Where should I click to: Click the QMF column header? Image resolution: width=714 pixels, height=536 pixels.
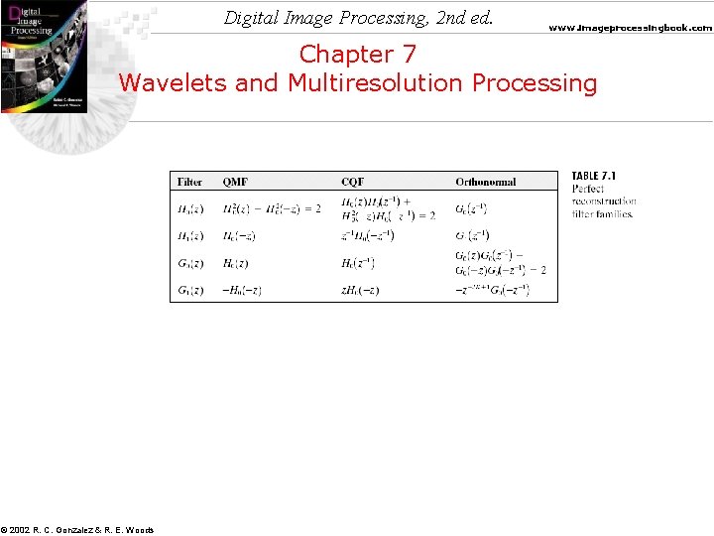point(235,182)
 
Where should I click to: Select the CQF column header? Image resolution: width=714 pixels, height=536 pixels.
point(352,182)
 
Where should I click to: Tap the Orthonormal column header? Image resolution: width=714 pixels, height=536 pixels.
point(486,182)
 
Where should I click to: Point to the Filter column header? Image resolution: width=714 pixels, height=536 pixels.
point(189,182)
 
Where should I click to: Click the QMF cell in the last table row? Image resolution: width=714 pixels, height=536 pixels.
point(241,290)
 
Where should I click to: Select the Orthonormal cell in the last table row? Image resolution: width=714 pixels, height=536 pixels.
point(493,290)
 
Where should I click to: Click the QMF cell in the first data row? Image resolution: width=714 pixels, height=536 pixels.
point(271,208)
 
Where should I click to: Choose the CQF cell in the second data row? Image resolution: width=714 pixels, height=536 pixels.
point(368,235)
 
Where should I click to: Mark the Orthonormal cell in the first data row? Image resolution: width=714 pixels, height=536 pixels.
point(471,208)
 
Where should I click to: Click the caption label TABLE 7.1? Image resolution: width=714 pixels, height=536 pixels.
point(594,176)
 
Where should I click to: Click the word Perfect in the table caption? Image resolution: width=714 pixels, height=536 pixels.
point(588,189)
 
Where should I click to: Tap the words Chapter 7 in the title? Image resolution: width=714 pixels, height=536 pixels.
point(358,54)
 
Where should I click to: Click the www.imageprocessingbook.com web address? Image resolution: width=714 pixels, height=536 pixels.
point(631,28)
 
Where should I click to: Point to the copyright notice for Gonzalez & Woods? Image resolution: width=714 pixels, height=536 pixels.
point(77,530)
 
